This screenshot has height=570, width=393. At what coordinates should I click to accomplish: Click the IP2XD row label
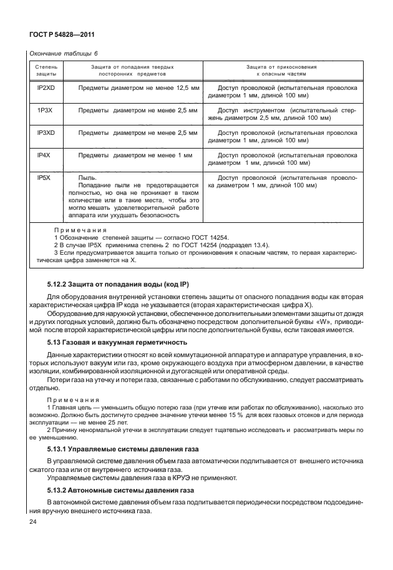point(46,89)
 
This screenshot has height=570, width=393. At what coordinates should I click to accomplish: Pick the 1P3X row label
point(46,110)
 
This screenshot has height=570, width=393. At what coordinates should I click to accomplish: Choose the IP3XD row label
point(46,132)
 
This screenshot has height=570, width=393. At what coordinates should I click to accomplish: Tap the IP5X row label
point(44,177)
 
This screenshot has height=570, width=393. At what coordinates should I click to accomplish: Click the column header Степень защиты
point(46,70)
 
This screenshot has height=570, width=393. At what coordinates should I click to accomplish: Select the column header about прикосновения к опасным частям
point(282,70)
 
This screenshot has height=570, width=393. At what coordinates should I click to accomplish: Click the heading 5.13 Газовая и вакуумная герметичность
point(116,344)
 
